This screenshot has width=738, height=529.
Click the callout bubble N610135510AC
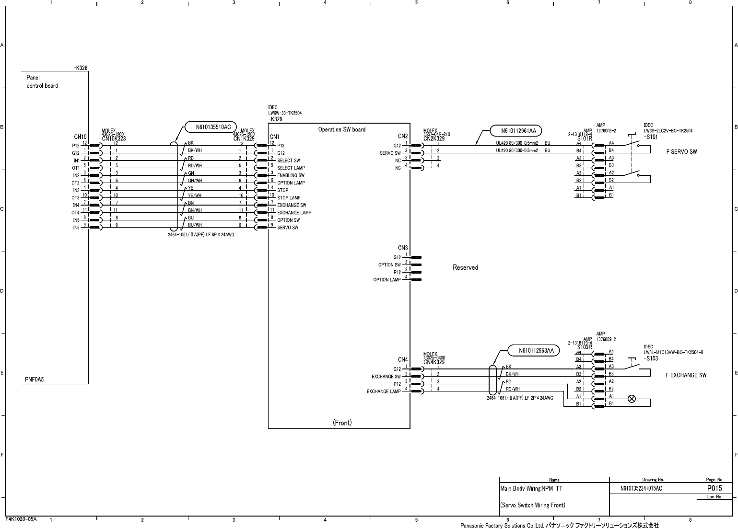pos(213,127)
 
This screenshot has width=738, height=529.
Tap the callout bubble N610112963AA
pos(536,351)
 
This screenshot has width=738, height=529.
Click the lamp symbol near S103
pos(632,399)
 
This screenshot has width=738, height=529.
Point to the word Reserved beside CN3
pos(465,267)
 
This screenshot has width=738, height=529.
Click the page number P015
pos(714,489)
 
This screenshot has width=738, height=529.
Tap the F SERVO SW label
pos(681,151)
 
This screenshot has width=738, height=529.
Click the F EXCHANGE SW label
pos(686,375)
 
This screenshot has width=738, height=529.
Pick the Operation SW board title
pos(341,129)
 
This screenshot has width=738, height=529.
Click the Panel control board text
pos(42,81)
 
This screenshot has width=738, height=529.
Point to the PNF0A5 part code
pos(35,379)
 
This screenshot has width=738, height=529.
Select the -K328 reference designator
pos(81,68)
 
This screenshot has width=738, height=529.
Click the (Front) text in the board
pos(342,423)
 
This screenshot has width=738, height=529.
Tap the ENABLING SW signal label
pos(291,175)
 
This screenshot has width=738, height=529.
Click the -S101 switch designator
pos(651,137)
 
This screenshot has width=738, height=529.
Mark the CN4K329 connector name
pos(434,362)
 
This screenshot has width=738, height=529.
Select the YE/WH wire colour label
pos(195,195)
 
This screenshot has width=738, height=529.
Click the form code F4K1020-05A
pos(21,519)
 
